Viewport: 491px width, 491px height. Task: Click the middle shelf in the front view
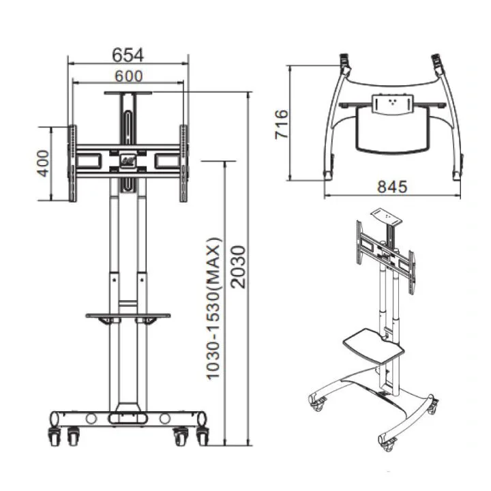128,315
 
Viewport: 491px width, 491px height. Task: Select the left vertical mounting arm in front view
72,163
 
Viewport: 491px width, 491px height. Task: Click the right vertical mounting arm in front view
183,163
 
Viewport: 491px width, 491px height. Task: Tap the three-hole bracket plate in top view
393,104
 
